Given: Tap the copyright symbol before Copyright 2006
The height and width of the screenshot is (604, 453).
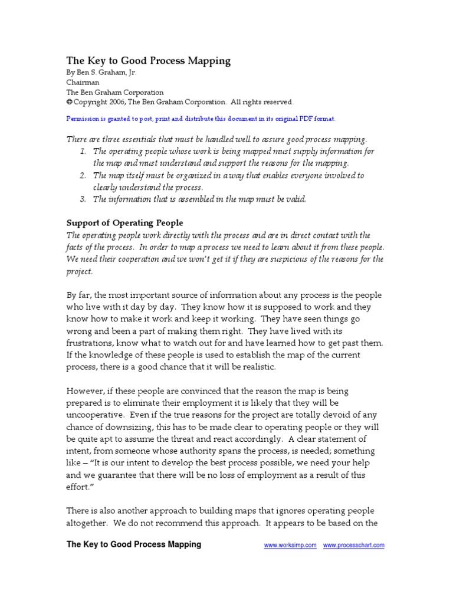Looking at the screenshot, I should (x=68, y=101).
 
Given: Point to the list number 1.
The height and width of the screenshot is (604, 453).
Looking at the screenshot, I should (x=82, y=152).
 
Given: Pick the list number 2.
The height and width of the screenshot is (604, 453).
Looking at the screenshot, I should (x=82, y=175).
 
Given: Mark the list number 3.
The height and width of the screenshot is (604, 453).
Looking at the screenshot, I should (x=82, y=199).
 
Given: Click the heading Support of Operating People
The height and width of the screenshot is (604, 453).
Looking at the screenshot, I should (x=124, y=223).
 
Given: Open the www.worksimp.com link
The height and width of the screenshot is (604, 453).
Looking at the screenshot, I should (x=290, y=546).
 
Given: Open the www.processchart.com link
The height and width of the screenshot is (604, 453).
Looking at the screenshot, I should (x=353, y=546).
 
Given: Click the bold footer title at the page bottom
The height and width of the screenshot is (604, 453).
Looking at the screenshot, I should (x=133, y=544).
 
